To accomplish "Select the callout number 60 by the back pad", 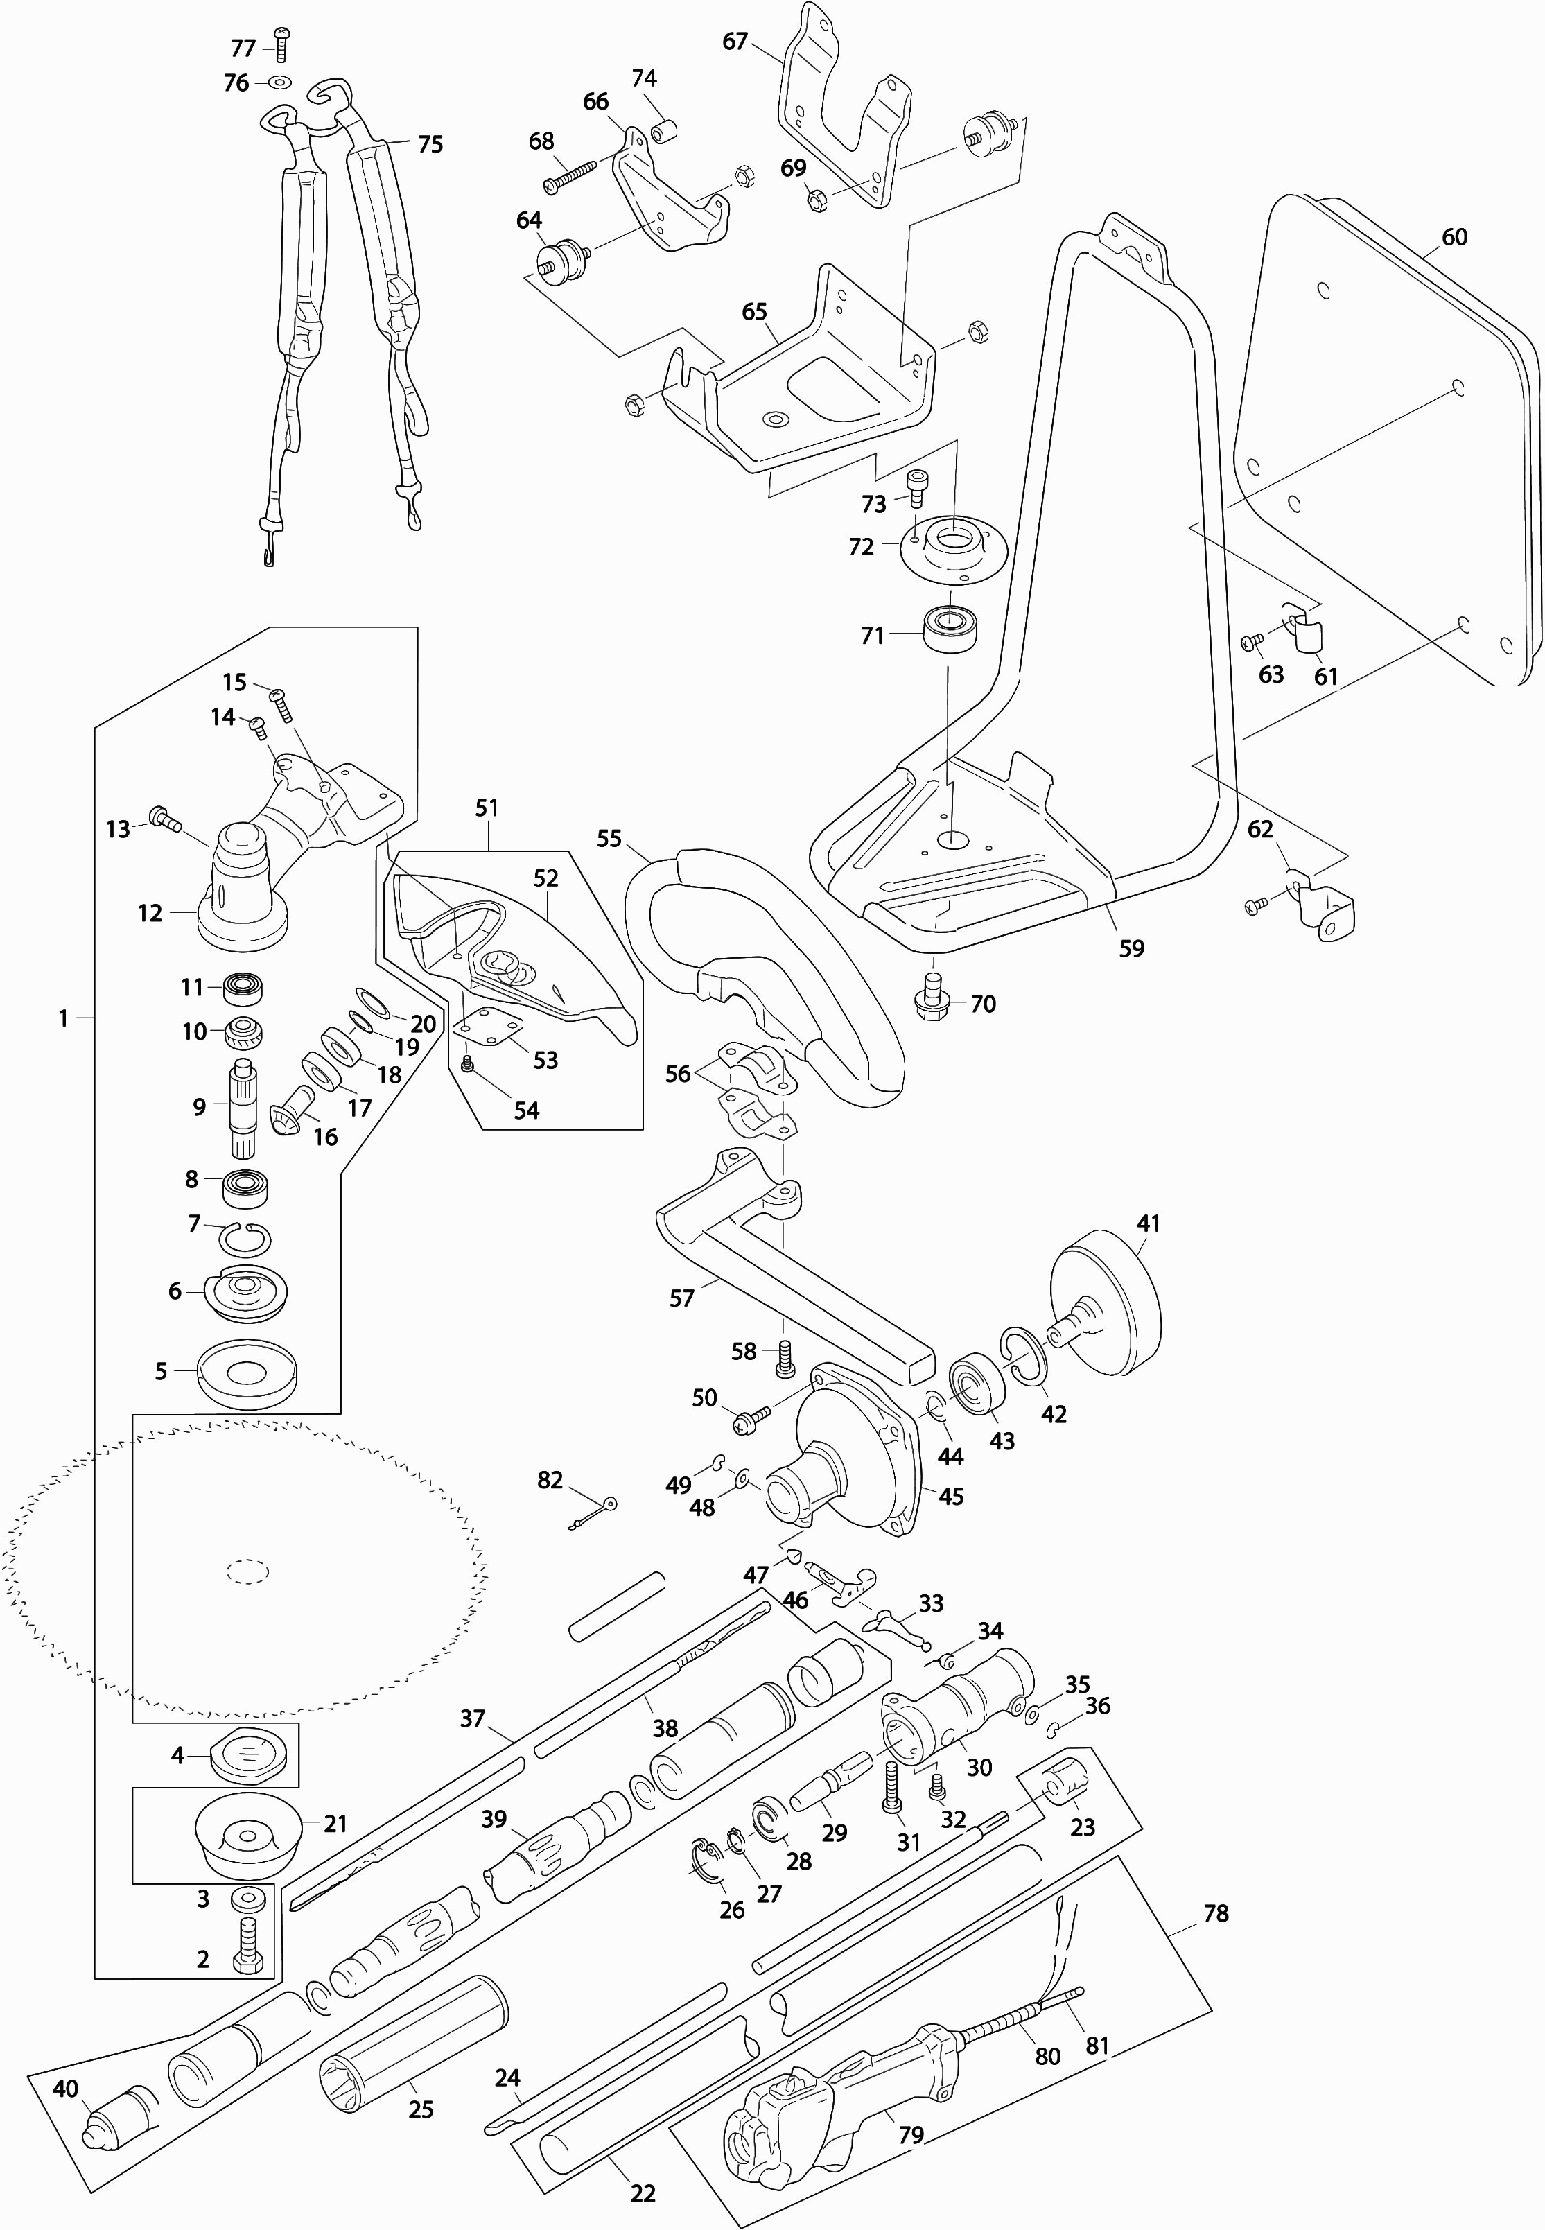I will [x=1454, y=237].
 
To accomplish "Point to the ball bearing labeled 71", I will [x=952, y=629].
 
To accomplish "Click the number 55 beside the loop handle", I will [x=609, y=838].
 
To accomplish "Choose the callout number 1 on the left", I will [x=64, y=1018].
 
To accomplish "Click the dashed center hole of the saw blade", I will [x=249, y=1571].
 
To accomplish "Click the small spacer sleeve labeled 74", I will [x=666, y=129].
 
